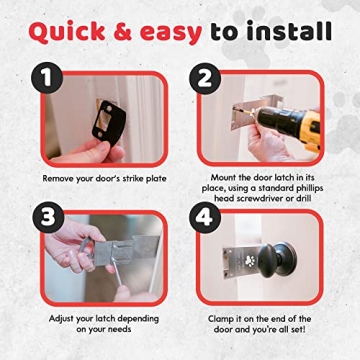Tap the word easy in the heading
point(173,32)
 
